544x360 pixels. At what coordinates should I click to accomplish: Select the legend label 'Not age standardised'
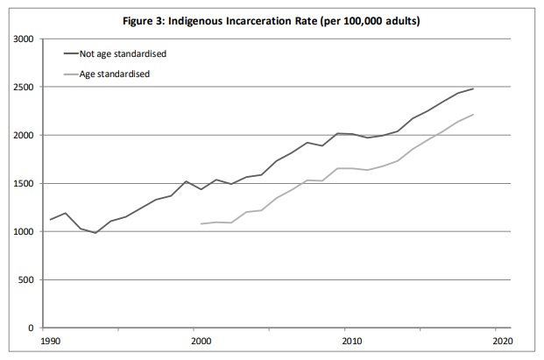(x=123, y=53)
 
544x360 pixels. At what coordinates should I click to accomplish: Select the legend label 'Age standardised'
(x=116, y=74)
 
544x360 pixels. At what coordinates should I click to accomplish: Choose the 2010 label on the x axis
(x=350, y=341)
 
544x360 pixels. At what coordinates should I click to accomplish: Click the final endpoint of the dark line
(x=474, y=88)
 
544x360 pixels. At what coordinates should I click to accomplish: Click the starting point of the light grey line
(x=201, y=224)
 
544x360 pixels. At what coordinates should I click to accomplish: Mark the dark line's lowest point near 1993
(x=95, y=233)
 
